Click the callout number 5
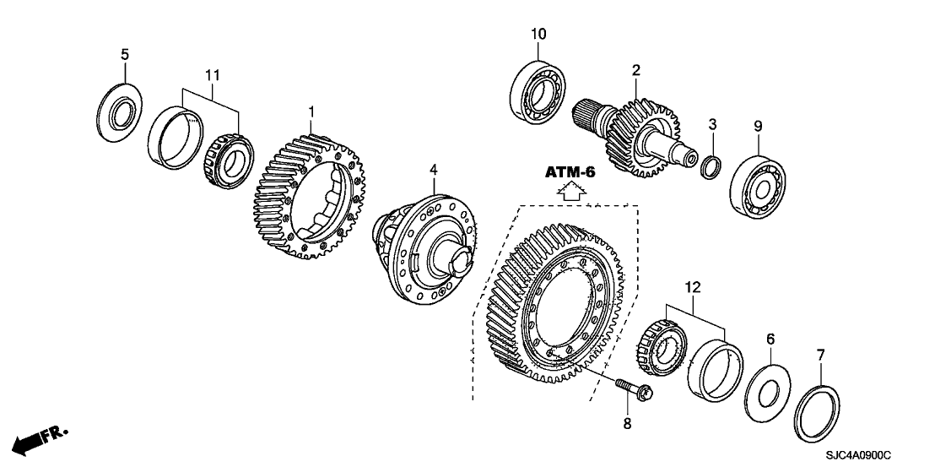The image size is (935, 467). [125, 55]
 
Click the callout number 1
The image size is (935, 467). [311, 111]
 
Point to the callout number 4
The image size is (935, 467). [434, 170]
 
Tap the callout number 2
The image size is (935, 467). [636, 69]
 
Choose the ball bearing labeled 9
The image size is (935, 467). [758, 177]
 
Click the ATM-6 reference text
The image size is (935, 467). [570, 172]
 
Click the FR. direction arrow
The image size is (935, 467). [42, 439]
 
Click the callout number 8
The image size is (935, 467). [627, 423]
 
